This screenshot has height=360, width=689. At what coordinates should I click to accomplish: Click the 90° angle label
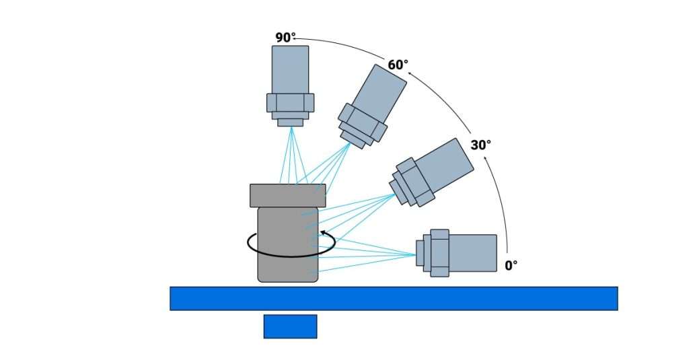285,38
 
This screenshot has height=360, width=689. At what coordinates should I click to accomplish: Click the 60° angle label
398,65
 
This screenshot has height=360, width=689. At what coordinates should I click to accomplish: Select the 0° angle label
511,265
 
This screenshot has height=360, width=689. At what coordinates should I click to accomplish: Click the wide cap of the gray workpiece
288,195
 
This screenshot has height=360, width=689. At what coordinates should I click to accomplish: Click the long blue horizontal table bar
394,298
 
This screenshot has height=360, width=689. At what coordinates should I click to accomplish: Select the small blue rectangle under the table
290,326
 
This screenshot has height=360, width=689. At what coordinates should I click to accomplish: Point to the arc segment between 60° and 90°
343,46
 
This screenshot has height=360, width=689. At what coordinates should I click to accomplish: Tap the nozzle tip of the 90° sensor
291,122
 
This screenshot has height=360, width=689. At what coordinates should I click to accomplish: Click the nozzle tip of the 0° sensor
420,253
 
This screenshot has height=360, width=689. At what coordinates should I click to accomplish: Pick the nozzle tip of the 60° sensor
349,139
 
